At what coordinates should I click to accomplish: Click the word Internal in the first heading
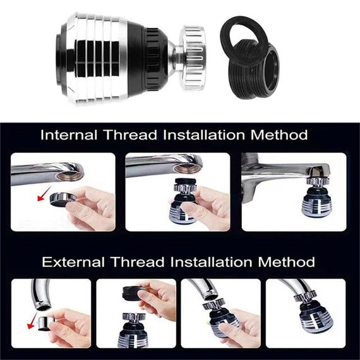coord(69,135)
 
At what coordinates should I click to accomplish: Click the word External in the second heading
coord(73,261)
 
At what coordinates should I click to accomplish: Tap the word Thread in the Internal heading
coord(130,135)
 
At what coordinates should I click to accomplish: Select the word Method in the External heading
coord(286,261)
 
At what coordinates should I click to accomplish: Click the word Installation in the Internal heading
coord(203,135)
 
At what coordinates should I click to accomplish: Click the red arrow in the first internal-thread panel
coord(45,193)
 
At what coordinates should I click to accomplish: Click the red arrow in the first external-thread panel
coord(32,320)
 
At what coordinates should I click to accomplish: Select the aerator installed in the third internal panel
coord(317,197)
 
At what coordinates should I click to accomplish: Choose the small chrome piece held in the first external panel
coord(44,324)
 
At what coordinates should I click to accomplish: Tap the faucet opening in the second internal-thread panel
coord(187,168)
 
